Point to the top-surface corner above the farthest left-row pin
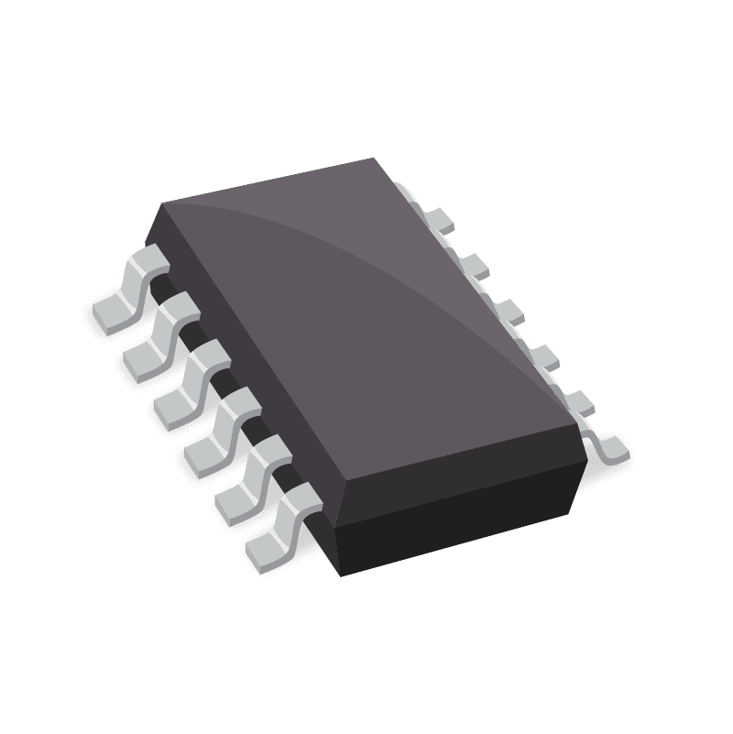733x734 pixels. click(x=161, y=203)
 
